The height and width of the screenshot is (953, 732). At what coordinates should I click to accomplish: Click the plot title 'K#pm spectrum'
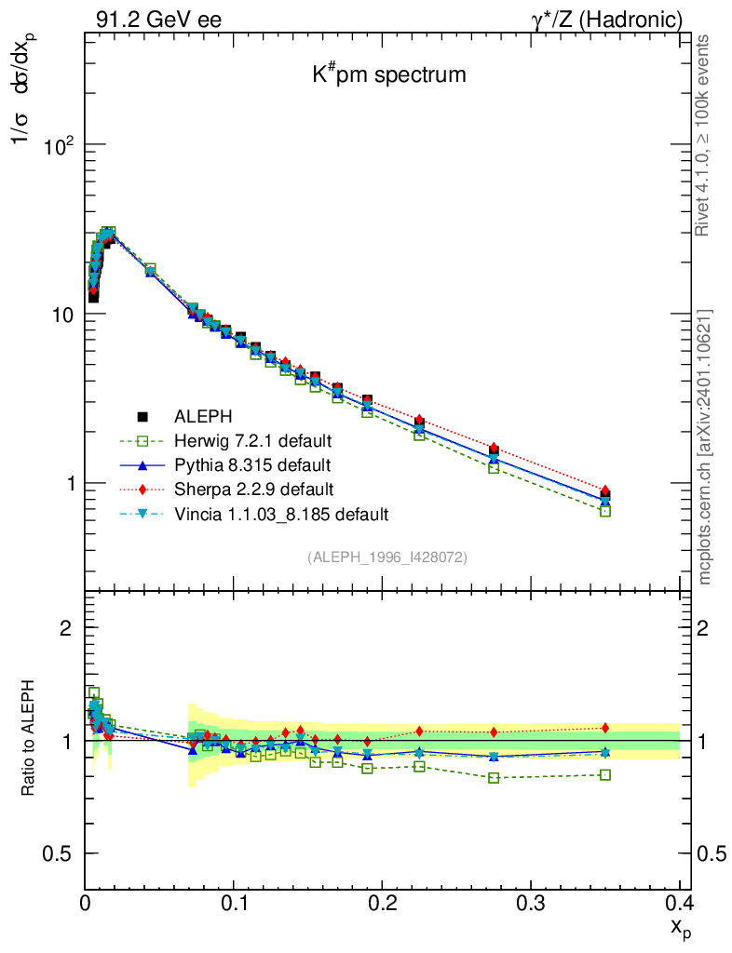388,74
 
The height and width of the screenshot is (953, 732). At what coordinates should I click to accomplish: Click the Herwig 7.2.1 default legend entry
253,439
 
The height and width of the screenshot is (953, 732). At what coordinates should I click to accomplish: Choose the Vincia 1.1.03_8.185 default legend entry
280,514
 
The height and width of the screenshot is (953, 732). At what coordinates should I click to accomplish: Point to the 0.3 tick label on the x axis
530,903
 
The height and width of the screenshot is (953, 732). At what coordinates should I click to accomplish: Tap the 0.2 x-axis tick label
382,903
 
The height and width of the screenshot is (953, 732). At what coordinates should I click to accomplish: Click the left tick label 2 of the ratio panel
65,628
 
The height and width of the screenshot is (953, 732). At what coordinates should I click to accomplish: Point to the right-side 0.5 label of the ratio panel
712,854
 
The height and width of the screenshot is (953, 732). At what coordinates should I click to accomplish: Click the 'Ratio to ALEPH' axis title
28,741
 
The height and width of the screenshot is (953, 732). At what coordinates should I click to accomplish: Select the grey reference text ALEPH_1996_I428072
387,557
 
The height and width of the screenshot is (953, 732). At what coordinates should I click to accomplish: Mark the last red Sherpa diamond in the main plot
605,490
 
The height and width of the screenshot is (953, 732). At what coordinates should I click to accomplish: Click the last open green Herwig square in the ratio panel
605,774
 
